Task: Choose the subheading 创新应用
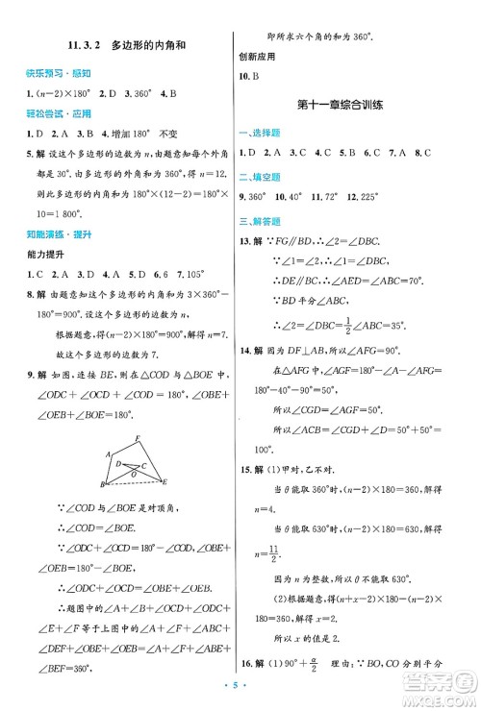tap(257, 56)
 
